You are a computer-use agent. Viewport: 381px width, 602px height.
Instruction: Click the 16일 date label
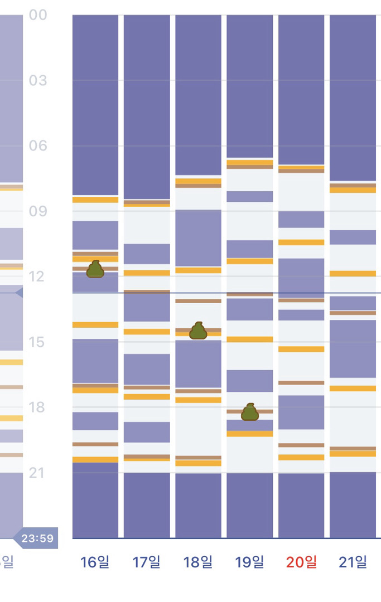point(95,562)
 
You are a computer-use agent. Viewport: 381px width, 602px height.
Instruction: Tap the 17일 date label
point(146,562)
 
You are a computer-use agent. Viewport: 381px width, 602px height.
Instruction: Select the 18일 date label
point(198,562)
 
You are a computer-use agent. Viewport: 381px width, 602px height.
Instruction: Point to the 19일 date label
point(249,562)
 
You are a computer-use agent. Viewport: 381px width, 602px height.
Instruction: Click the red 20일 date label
point(301,562)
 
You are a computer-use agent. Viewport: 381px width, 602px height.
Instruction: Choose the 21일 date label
point(353,562)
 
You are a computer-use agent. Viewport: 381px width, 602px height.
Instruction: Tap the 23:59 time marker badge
point(37,538)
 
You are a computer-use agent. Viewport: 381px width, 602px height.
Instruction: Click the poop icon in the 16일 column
point(95,269)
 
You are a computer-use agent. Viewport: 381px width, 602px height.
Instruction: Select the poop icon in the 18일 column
point(198,331)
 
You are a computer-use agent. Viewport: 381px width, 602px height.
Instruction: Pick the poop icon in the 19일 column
point(250,412)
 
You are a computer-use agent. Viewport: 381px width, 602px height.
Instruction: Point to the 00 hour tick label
point(38,15)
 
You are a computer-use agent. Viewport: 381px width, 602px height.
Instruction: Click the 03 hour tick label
point(38,80)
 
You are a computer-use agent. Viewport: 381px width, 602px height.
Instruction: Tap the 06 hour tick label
point(38,146)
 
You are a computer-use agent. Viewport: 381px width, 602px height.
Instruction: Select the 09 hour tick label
point(38,211)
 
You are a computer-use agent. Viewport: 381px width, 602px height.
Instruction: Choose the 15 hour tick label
point(38,342)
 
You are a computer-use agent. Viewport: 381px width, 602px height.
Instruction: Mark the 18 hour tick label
point(38,407)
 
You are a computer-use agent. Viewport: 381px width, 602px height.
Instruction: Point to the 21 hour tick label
point(38,473)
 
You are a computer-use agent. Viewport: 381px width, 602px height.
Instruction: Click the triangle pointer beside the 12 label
point(19,292)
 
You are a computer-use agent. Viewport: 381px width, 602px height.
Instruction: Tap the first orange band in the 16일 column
point(95,200)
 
